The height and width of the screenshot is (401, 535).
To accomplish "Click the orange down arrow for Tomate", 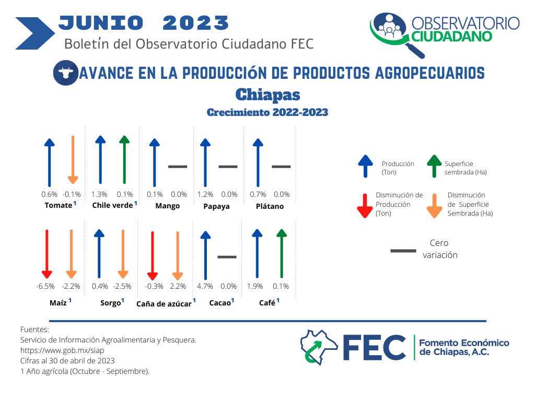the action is (73, 160).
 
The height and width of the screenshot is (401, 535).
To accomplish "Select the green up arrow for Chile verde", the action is (124, 160).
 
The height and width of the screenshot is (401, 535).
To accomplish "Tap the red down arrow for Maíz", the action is (47, 254).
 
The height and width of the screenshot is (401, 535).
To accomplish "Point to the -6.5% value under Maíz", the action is (45, 286).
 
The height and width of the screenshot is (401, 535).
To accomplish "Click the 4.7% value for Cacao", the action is (205, 286).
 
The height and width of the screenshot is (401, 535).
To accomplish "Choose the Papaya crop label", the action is (216, 206).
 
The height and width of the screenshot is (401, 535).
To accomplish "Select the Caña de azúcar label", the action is (164, 304).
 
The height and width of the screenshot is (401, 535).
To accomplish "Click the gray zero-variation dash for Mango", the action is (178, 167).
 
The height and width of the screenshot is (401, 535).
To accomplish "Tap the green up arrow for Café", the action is (282, 253).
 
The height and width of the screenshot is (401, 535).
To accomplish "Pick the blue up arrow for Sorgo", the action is (99, 253).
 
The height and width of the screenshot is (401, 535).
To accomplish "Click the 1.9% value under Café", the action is (255, 286).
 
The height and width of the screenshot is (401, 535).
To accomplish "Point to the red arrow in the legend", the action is (365, 206).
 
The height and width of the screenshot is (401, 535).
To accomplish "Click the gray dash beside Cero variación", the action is (403, 251).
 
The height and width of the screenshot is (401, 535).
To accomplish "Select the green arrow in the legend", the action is (434, 166).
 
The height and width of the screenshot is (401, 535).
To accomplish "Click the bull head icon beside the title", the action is (66, 73).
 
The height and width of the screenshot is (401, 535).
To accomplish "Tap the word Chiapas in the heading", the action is (268, 95).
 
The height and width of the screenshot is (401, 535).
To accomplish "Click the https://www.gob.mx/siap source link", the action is (62, 350).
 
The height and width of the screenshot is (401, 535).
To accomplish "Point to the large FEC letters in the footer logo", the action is (374, 347).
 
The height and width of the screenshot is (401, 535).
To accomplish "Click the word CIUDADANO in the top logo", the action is (452, 37).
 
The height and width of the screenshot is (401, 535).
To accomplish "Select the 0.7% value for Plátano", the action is (258, 194).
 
